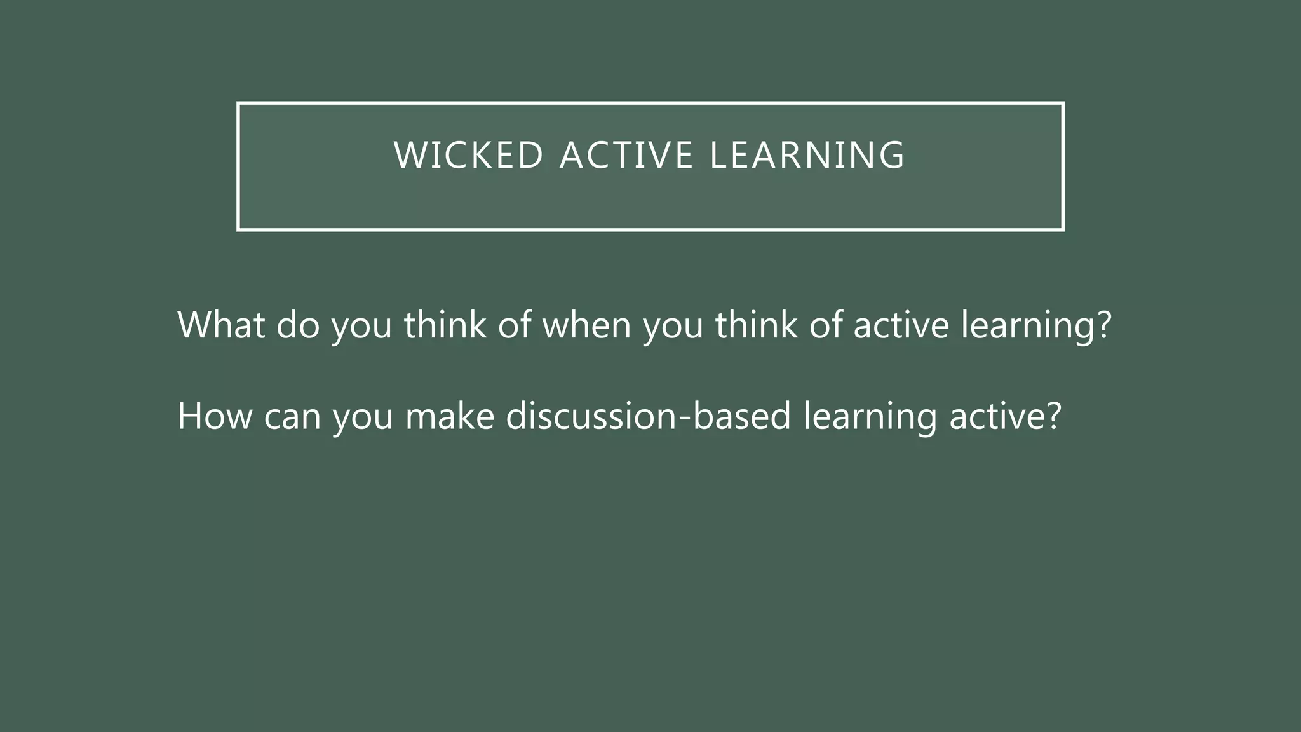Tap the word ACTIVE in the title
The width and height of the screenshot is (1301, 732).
tap(626, 156)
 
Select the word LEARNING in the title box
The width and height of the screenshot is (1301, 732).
tap(807, 156)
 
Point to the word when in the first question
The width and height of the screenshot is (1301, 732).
tap(586, 325)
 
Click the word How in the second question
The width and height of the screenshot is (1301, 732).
tap(215, 416)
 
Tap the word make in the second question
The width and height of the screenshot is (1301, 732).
tap(450, 416)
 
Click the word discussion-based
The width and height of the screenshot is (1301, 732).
tap(648, 416)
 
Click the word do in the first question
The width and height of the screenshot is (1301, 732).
tap(298, 325)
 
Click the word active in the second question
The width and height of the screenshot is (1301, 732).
tap(996, 416)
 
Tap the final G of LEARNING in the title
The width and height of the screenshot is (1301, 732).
tap(893, 156)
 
